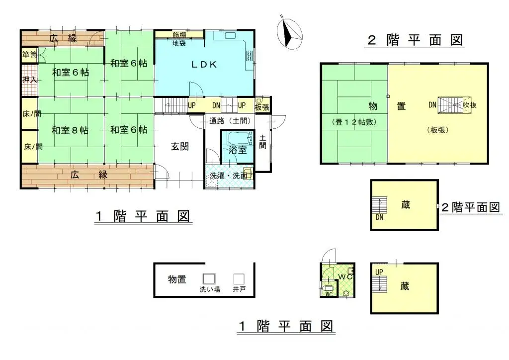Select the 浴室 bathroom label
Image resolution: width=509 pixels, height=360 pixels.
pyautogui.click(x=237, y=150)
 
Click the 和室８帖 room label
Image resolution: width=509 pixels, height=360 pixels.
pyautogui.click(x=70, y=130)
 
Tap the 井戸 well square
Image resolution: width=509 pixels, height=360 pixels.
pyautogui.click(x=240, y=279)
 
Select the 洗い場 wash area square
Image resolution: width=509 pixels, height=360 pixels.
pyautogui.click(x=209, y=279)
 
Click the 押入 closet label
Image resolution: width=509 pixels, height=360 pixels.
pyautogui.click(x=29, y=79)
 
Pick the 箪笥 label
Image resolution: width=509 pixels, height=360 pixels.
pyautogui.click(x=29, y=54)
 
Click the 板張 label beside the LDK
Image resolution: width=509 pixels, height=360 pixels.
pyautogui.click(x=262, y=106)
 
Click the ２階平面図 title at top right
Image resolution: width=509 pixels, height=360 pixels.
pyautogui.click(x=415, y=40)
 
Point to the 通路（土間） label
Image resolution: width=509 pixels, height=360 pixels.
pyautogui.click(x=229, y=120)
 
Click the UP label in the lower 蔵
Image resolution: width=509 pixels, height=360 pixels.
pyautogui.click(x=379, y=272)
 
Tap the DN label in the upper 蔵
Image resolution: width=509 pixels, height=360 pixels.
pyautogui.click(x=380, y=217)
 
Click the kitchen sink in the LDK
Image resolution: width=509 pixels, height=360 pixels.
pyautogui.click(x=232, y=36)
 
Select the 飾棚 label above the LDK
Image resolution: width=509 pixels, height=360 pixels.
pyautogui.click(x=180, y=35)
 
